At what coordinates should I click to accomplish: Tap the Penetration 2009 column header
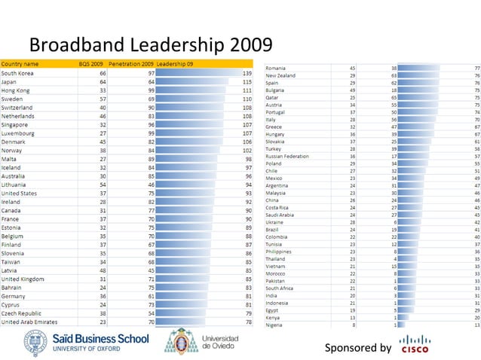[x=131, y=64]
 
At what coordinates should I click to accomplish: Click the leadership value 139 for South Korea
[x=246, y=74]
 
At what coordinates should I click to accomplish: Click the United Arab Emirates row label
[x=31, y=322]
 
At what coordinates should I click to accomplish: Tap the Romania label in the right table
[x=275, y=69]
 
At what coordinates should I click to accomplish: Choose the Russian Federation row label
[x=287, y=157]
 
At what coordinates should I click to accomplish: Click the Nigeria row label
[x=274, y=325]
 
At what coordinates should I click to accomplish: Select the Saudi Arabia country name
[x=280, y=215]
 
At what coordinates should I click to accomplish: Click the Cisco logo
[x=416, y=344]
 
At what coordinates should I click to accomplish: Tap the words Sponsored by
[x=357, y=347]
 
